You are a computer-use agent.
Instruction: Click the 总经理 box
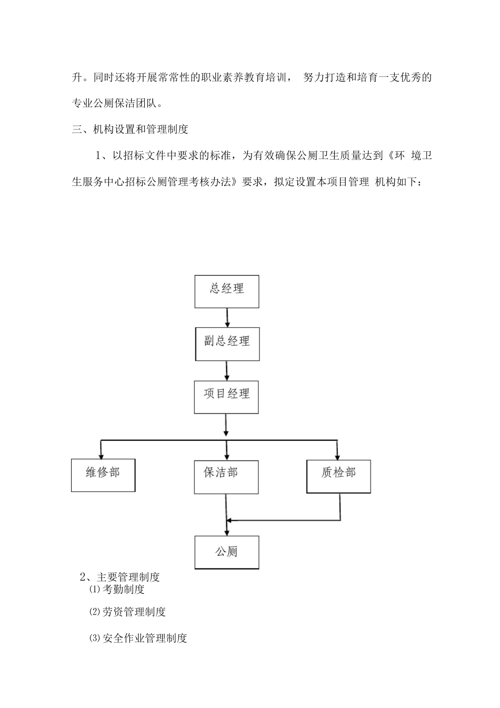227,291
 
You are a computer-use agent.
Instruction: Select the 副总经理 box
227,345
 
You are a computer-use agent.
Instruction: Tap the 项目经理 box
227,397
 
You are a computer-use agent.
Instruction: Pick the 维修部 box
103,475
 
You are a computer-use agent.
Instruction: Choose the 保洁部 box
226,477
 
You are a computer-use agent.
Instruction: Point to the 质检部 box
339,476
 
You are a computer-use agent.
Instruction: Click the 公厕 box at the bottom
227,552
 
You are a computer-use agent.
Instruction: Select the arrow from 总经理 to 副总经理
227,317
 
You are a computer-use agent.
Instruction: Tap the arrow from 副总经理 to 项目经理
227,370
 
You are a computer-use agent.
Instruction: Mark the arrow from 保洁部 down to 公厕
226,514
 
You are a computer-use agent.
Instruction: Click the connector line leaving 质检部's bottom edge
340,506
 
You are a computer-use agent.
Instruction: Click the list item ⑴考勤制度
117,589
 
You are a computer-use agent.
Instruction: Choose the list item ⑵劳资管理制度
127,612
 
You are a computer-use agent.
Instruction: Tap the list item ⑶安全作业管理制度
138,638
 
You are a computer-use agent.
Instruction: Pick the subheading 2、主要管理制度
119,577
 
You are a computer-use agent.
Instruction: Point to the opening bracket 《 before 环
390,155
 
